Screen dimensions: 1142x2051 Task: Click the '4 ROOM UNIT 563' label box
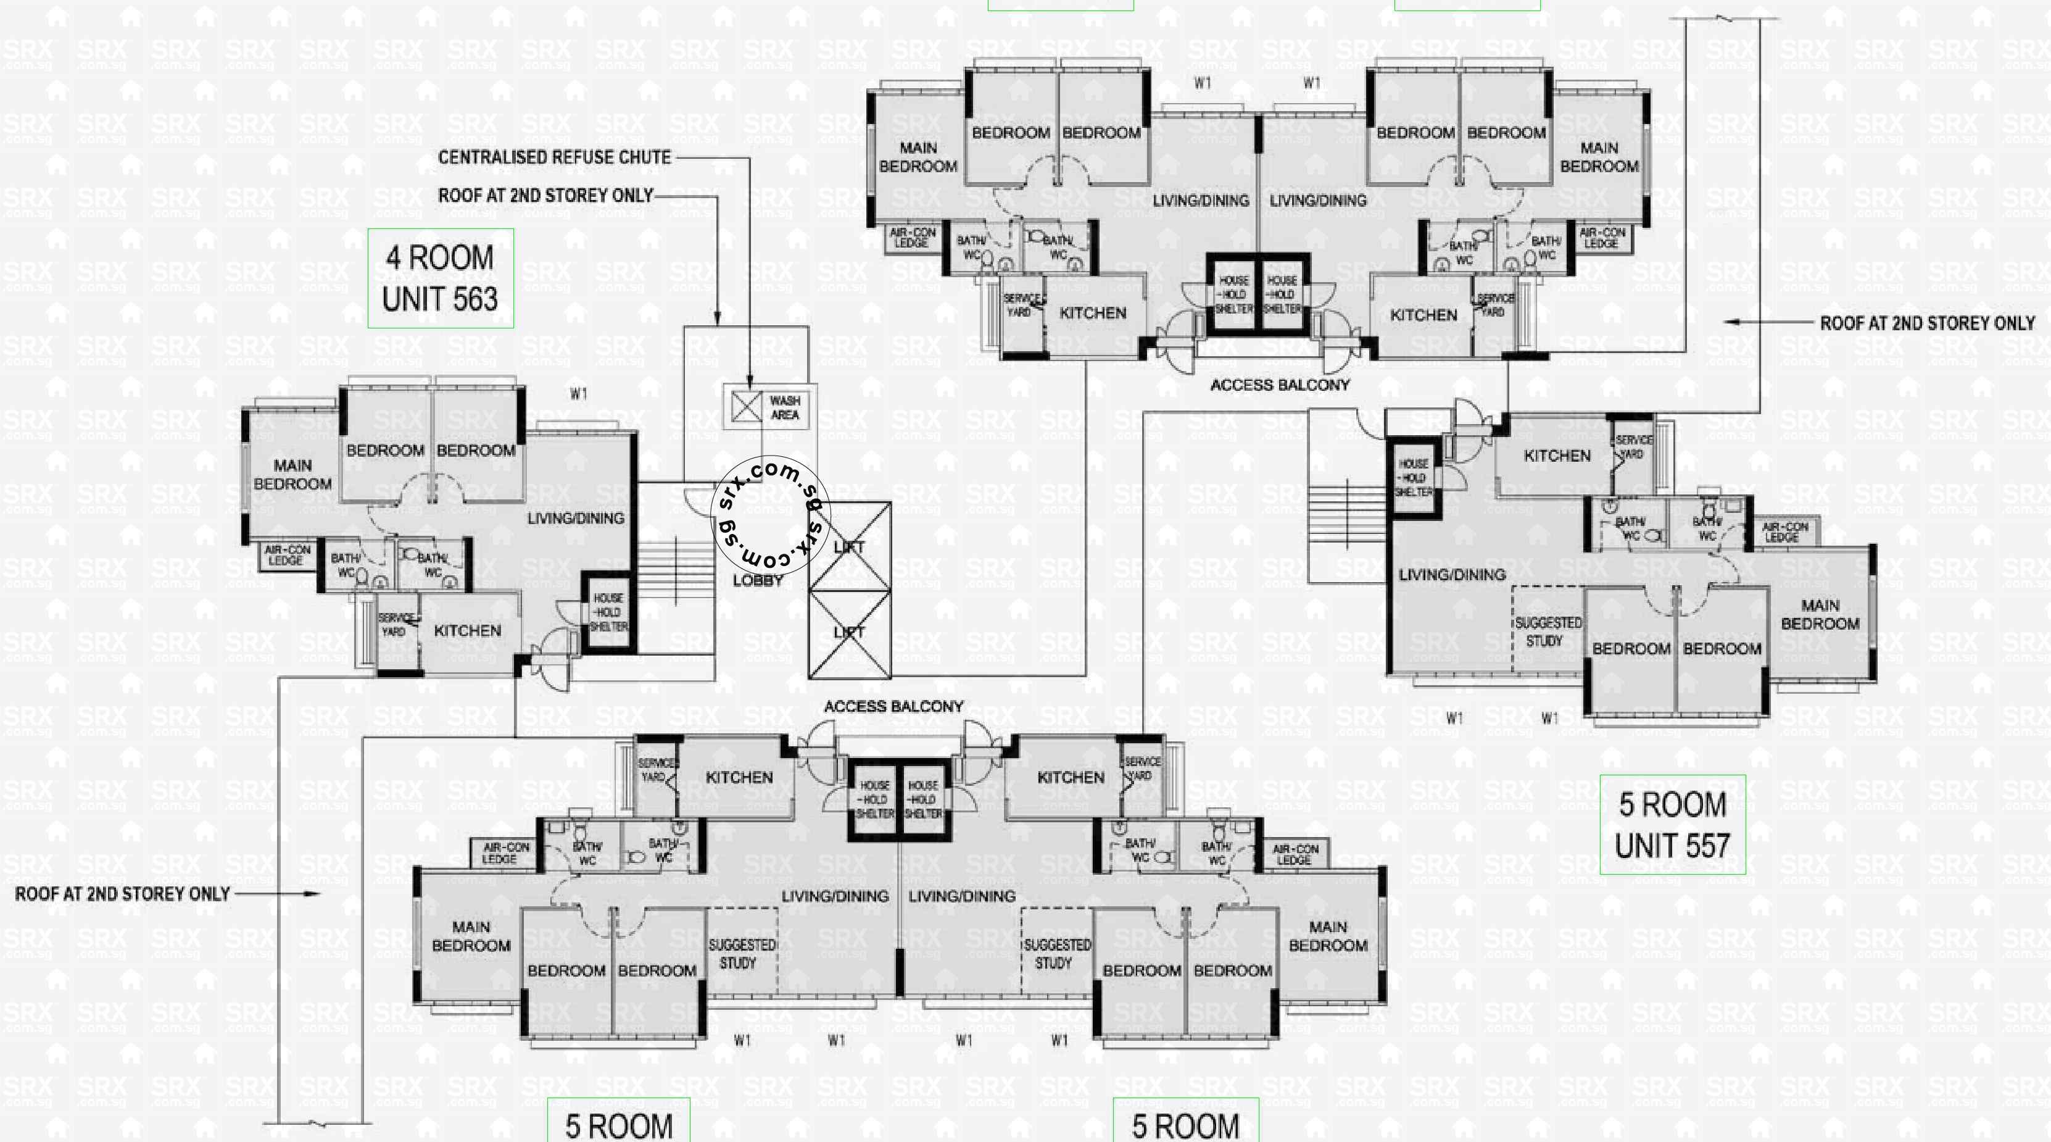441,279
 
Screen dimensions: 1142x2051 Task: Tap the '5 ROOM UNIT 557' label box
1672,824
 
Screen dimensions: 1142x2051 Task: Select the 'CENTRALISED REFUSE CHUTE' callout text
554,157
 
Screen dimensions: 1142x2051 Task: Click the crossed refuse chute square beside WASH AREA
746,407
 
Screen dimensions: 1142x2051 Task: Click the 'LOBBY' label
757,580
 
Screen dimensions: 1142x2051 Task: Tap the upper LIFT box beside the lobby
850,546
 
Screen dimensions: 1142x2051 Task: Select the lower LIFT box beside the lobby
850,632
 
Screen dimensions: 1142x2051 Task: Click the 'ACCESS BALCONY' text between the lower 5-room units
893,706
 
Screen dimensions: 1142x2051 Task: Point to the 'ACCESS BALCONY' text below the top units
1280,385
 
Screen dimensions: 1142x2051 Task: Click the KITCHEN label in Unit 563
467,631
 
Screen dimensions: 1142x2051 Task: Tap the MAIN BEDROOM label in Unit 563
292,475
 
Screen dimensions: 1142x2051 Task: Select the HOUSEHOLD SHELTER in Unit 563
608,612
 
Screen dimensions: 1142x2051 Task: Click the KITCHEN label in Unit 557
1557,456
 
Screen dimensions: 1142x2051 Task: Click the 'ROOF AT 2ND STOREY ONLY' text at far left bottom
123,893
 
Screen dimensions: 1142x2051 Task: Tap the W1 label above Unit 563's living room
579,393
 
